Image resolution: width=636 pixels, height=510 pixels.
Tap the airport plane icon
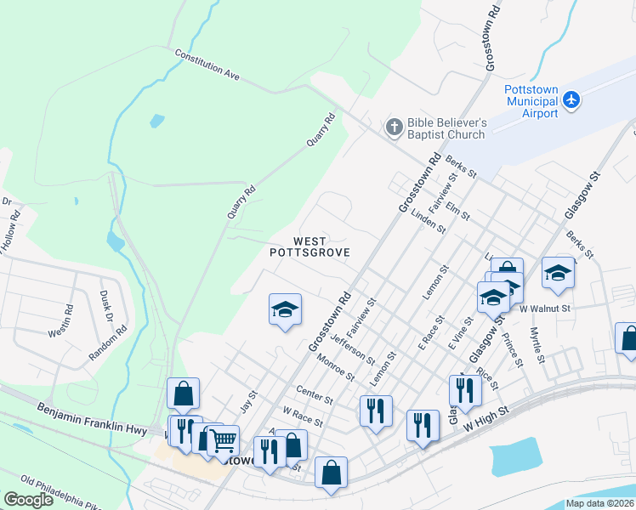coord(571,100)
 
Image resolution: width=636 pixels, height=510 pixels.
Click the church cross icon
coord(394,127)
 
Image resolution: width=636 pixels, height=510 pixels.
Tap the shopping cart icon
coord(224,440)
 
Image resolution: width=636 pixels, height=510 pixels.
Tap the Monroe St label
coord(334,370)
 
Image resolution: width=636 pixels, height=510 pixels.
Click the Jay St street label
coord(247,400)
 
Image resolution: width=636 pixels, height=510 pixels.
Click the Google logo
coord(28,500)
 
